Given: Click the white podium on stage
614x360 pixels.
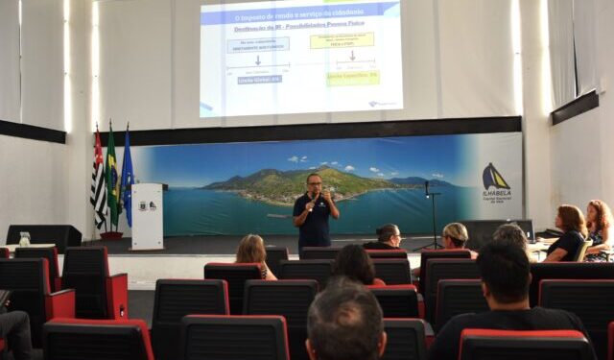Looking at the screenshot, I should (x=147, y=217).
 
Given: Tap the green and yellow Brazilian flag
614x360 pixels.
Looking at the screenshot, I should (x=111, y=179).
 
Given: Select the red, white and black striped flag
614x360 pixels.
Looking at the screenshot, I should (x=98, y=182).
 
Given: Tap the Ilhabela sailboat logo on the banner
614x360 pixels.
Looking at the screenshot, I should (x=495, y=177).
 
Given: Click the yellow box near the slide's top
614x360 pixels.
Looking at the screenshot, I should (x=342, y=40).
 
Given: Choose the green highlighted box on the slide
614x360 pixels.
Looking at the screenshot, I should (x=352, y=77).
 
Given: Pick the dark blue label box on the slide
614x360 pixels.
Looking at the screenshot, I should (x=260, y=80).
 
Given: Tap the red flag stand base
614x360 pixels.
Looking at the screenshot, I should (x=111, y=235).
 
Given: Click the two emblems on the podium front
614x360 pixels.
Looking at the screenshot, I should (x=147, y=205).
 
